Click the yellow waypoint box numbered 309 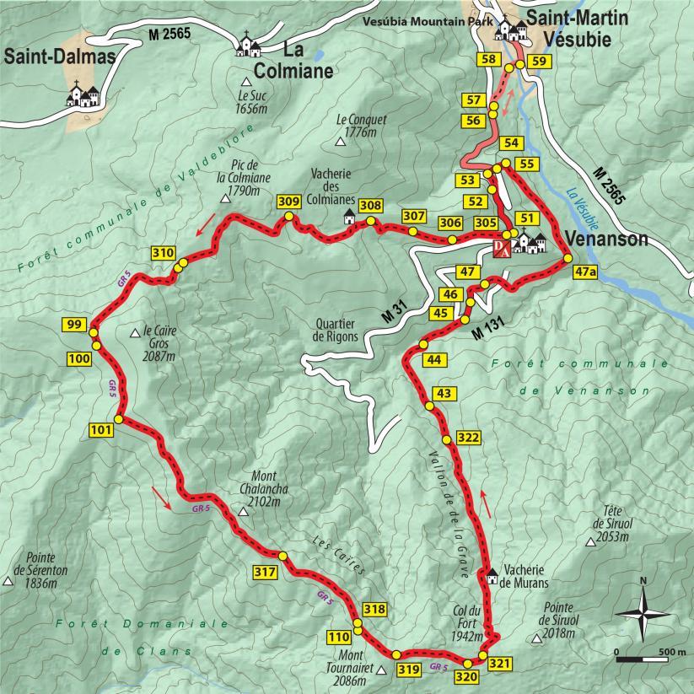point(288,202)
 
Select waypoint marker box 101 point(100,431)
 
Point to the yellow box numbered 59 point(541,61)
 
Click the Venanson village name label point(606,239)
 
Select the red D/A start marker point(501,247)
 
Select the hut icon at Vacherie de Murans point(492,576)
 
